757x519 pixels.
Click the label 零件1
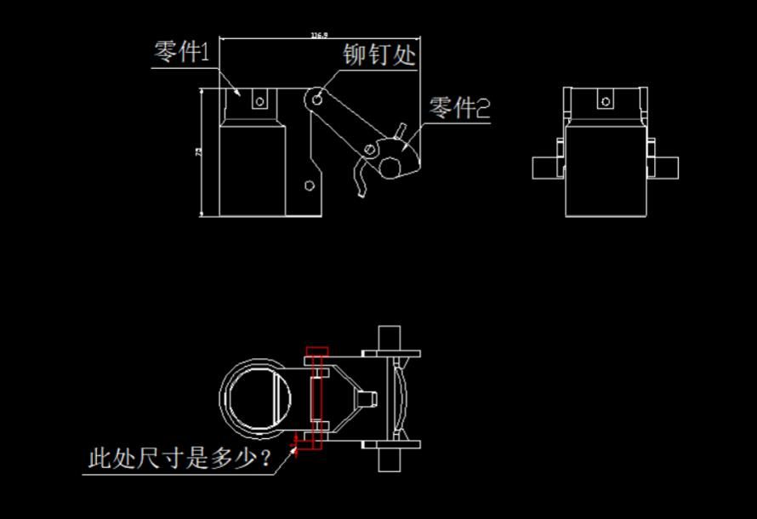(182, 53)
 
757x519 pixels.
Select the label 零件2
(459, 109)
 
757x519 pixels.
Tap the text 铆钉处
(380, 55)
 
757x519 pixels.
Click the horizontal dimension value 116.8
(319, 36)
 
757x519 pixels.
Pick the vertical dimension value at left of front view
(198, 151)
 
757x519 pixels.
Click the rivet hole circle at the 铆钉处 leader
(317, 100)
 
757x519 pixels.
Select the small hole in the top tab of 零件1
(259, 101)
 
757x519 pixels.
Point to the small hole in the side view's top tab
(605, 101)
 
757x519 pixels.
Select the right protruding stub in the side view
(666, 167)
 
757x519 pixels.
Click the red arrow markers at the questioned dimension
(295, 444)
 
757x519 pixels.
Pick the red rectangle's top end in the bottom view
(317, 351)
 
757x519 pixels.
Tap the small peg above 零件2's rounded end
(398, 129)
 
